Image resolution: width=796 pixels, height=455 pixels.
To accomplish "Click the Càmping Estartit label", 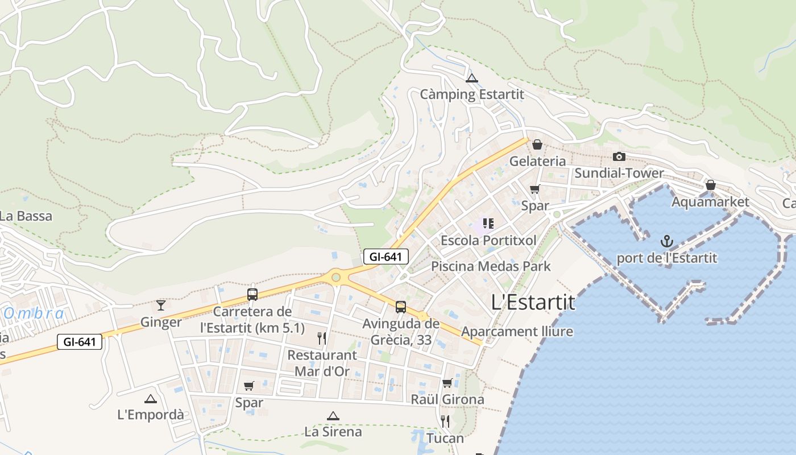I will pyautogui.click(x=471, y=94).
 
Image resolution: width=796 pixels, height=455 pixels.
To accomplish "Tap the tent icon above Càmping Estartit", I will pyautogui.click(x=471, y=78).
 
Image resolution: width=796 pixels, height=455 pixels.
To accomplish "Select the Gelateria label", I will pyautogui.click(x=537, y=161).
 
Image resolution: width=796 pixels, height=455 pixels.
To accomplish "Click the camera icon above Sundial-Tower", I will pyautogui.click(x=619, y=156).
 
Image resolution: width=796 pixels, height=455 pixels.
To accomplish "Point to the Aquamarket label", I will pyautogui.click(x=710, y=202).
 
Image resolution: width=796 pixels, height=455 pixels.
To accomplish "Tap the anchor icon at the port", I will pyautogui.click(x=667, y=242).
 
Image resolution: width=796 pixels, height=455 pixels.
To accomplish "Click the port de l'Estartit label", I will pyautogui.click(x=667, y=258).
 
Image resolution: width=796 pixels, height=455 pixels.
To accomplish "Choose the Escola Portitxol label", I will pyautogui.click(x=488, y=240).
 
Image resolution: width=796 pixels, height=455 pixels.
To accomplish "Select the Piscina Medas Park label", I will pyautogui.click(x=491, y=266).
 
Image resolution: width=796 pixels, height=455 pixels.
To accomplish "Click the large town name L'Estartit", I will pyautogui.click(x=533, y=302).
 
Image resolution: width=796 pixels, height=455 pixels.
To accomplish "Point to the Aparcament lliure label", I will pyautogui.click(x=517, y=331).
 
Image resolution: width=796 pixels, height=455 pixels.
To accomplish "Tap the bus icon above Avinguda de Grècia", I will pyautogui.click(x=401, y=307).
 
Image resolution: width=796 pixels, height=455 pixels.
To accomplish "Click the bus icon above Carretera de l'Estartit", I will pyautogui.click(x=252, y=295).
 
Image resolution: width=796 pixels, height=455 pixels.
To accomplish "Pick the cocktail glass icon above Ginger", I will pyautogui.click(x=161, y=305).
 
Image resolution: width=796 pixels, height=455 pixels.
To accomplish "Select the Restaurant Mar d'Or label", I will pyautogui.click(x=322, y=363).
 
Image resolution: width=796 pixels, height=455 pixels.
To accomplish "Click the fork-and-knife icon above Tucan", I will pyautogui.click(x=445, y=421).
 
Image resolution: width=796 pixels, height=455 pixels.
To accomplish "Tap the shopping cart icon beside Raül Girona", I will pyautogui.click(x=447, y=383).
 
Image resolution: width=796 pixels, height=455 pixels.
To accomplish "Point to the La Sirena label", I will pyautogui.click(x=333, y=431).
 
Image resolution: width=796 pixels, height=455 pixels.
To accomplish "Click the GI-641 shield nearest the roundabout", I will pyautogui.click(x=385, y=257).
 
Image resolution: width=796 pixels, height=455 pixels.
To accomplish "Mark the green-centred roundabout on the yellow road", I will pyautogui.click(x=336, y=277).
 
